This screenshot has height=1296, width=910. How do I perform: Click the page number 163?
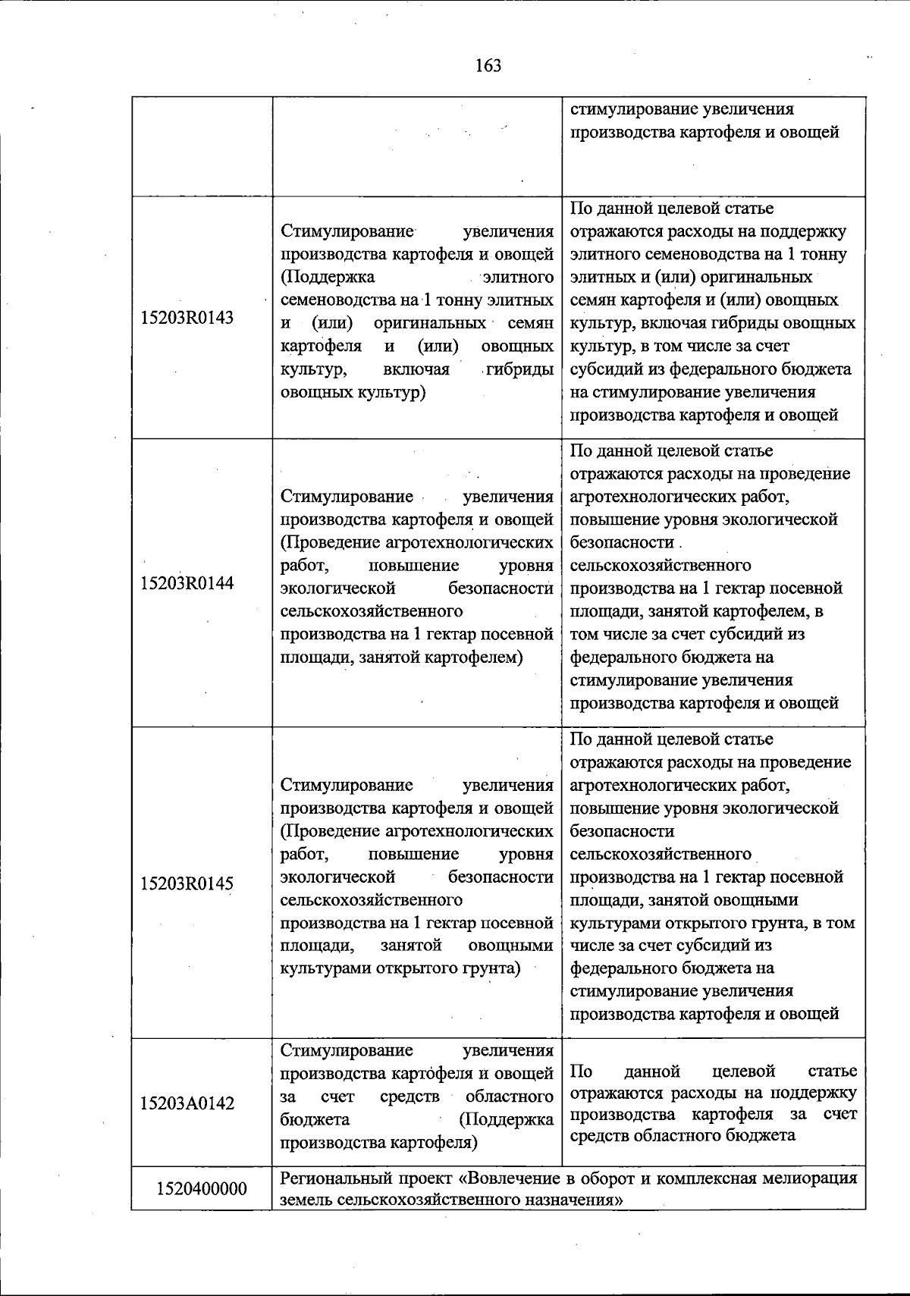[488, 66]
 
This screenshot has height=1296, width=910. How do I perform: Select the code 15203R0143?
[187, 318]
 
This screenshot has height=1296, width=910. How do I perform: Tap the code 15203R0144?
[187, 583]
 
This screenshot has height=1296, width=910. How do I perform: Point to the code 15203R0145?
[187, 883]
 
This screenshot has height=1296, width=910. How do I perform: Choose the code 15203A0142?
[187, 1103]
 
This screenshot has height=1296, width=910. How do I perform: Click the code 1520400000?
[202, 1188]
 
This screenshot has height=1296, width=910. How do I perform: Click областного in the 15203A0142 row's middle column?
[509, 1097]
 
